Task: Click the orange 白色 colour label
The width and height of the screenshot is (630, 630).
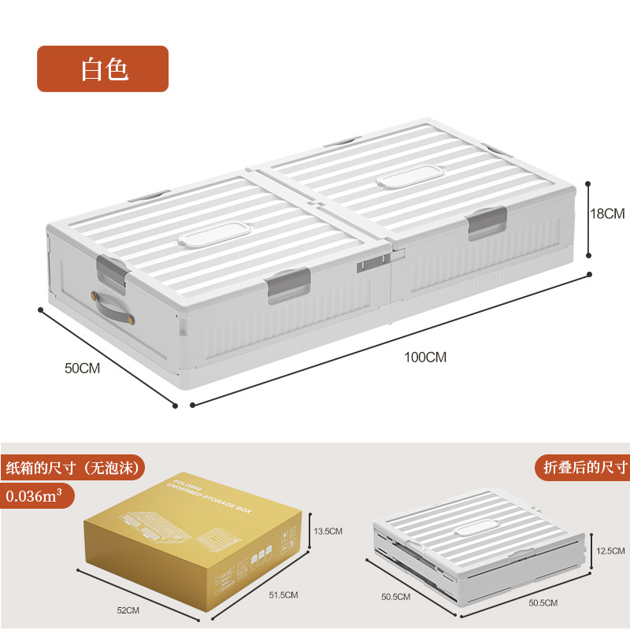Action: pyautogui.click(x=103, y=69)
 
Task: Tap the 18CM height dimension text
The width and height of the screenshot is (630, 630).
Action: pyautogui.click(x=608, y=213)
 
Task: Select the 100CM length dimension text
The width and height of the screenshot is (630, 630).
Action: pyautogui.click(x=425, y=357)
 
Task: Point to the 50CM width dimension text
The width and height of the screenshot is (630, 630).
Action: pyautogui.click(x=82, y=368)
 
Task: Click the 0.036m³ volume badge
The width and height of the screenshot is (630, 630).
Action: pyautogui.click(x=38, y=497)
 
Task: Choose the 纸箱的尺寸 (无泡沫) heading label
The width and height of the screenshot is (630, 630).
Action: pyautogui.click(x=72, y=467)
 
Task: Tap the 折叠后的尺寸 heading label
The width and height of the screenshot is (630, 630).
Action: pyautogui.click(x=584, y=467)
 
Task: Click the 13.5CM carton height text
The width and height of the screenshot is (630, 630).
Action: pyautogui.click(x=328, y=532)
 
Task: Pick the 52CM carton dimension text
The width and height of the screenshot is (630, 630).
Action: pyautogui.click(x=127, y=610)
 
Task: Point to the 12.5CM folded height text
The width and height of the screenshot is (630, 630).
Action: pyautogui.click(x=610, y=550)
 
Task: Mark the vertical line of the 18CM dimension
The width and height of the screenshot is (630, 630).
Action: pyautogui.click(x=588, y=218)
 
